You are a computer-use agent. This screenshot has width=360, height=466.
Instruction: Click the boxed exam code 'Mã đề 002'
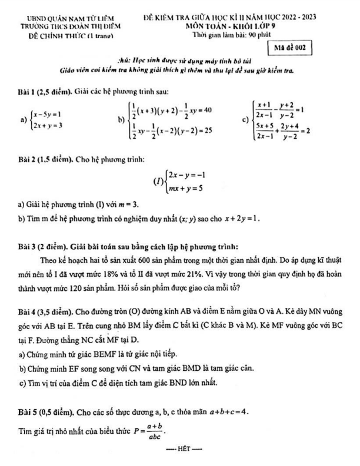[x=288, y=47]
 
